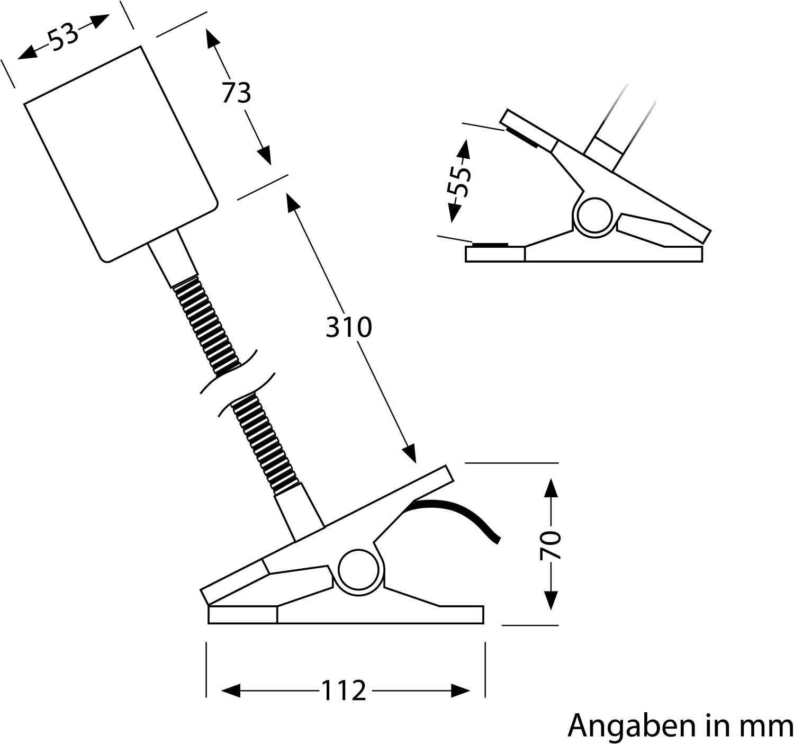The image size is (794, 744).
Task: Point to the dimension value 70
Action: pos(551,545)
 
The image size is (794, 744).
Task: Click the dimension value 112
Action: pos(344,691)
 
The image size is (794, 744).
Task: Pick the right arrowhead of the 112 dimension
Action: pos(461,691)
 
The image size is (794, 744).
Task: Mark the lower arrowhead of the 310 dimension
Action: pos(409,455)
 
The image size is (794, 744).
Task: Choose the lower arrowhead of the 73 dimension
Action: pos(265,157)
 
